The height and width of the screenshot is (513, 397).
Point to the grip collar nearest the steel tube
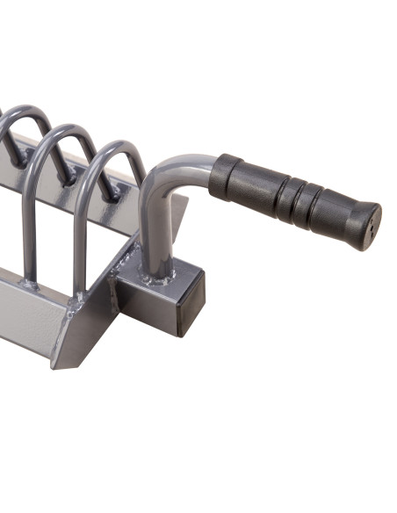227,173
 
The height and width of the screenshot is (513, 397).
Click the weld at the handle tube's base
158,279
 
